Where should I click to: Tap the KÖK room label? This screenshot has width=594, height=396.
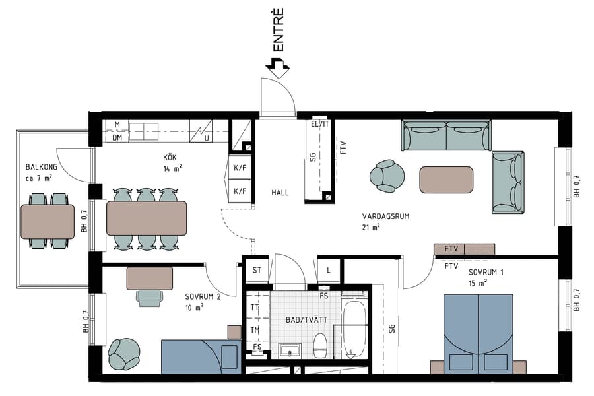pyautogui.click(x=170, y=158)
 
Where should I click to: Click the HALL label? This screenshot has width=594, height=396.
pyautogui.click(x=280, y=193)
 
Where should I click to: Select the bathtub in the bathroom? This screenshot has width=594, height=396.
pyautogui.click(x=355, y=329)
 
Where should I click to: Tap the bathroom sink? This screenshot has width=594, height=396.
pyautogui.click(x=289, y=348)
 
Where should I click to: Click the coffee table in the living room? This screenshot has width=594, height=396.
pyautogui.click(x=446, y=180)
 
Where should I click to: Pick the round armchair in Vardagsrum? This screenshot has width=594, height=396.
pyautogui.click(x=387, y=176)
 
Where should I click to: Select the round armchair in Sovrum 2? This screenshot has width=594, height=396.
pyautogui.click(x=123, y=354)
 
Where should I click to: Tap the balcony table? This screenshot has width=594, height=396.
pyautogui.click(x=48, y=221)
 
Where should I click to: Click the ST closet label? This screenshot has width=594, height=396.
pyautogui.click(x=257, y=270)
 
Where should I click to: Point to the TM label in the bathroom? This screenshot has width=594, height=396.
pyautogui.click(x=254, y=330)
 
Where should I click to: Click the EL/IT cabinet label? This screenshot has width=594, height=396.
pyautogui.click(x=319, y=124)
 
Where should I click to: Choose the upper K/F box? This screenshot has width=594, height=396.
pyautogui.click(x=240, y=168)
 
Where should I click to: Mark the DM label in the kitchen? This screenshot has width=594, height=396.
pyautogui.click(x=117, y=137)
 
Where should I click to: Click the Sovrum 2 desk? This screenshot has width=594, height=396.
pyautogui.click(x=150, y=277)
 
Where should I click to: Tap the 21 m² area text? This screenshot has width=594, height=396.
pyautogui.click(x=371, y=227)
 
